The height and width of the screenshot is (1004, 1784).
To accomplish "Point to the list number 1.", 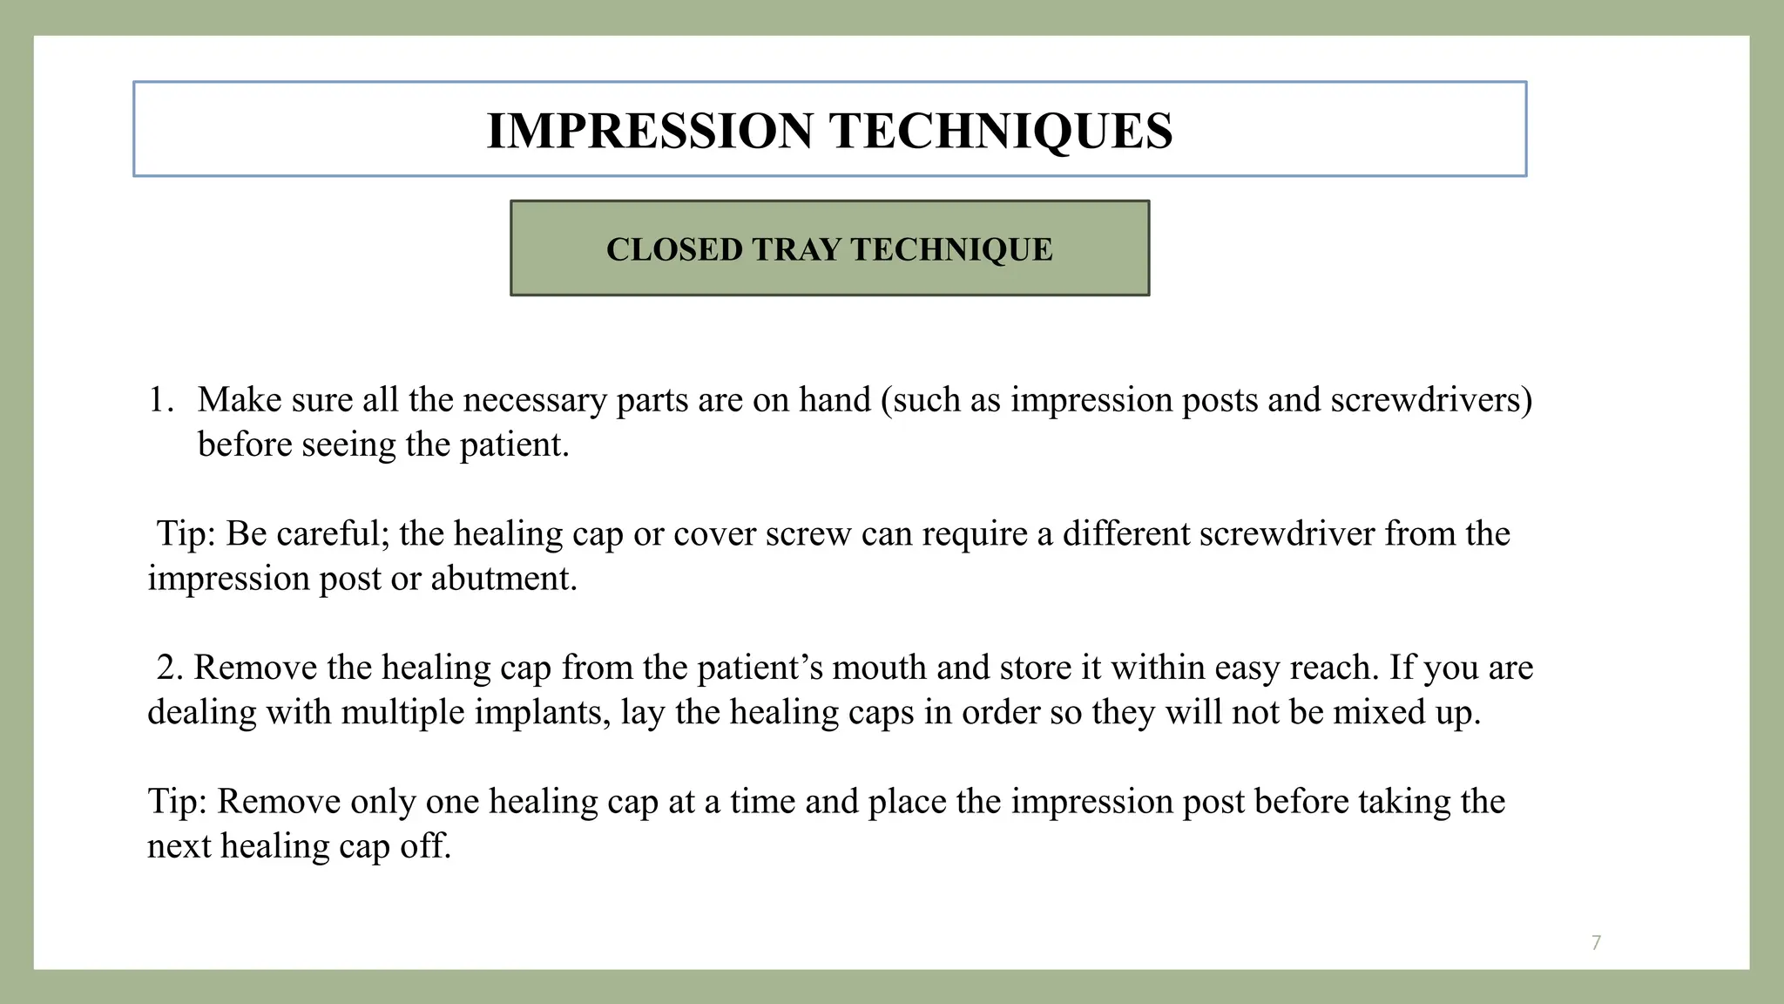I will pyautogui.click(x=160, y=400).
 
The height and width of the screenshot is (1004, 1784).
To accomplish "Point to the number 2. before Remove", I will pyautogui.click(x=170, y=668).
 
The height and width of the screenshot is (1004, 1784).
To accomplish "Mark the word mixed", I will pyautogui.click(x=1373, y=713).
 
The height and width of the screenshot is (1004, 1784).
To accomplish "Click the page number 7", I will pyautogui.click(x=1596, y=942).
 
